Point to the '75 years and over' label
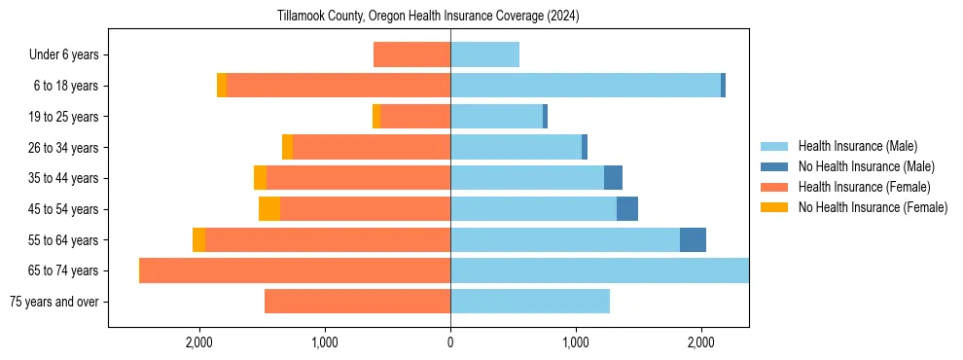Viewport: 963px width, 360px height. tap(53, 302)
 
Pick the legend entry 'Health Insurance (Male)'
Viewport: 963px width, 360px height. tap(857, 146)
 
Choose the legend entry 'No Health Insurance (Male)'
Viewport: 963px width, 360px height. tap(866, 166)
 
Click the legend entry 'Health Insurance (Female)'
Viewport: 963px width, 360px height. tap(864, 187)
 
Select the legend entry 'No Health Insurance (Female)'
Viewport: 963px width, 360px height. tap(873, 207)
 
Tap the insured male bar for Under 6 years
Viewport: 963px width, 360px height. tap(484, 55)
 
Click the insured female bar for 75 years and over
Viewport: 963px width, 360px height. tap(357, 302)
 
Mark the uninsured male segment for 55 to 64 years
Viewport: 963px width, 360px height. tap(693, 240)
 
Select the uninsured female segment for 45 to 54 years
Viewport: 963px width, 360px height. tap(269, 209)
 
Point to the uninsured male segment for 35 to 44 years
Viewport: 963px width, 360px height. tap(613, 178)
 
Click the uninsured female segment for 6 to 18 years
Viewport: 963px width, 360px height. tap(222, 86)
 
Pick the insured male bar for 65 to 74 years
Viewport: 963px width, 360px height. tap(599, 270)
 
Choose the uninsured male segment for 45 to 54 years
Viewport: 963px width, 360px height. tap(627, 209)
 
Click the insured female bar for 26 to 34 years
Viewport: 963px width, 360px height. tap(371, 148)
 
